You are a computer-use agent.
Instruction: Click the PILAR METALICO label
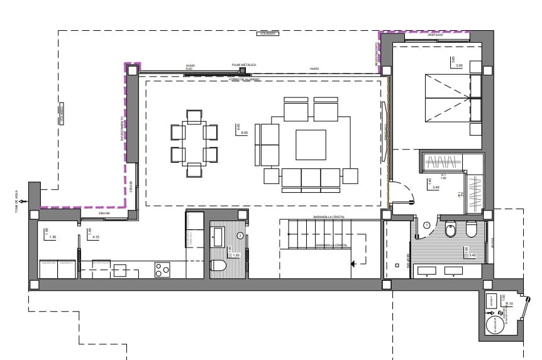tap(244, 65)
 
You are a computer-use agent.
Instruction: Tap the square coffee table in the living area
tap(311, 145)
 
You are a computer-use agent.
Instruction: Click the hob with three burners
tap(162, 270)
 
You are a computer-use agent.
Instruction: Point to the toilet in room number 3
tap(218, 266)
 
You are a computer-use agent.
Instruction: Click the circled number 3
tap(240, 236)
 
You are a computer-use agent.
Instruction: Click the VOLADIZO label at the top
tap(269, 34)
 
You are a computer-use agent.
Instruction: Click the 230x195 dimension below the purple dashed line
tap(104, 214)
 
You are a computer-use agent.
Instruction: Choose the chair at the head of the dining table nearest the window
tap(194, 114)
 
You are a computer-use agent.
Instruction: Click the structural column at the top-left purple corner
tap(133, 71)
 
